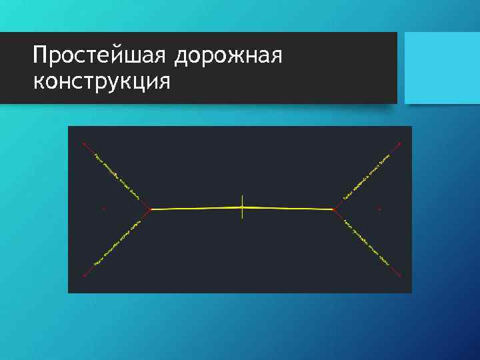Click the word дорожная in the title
[229, 57]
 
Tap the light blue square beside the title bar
[442, 67]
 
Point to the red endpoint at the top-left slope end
[83, 143]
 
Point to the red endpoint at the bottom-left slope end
[84, 275]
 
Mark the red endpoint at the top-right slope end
[399, 143]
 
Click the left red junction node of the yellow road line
[151, 209]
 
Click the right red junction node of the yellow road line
[333, 209]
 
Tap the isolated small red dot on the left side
[104, 209]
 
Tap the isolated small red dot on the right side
[379, 209]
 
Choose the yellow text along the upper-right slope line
[366, 177]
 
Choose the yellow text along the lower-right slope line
[366, 243]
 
